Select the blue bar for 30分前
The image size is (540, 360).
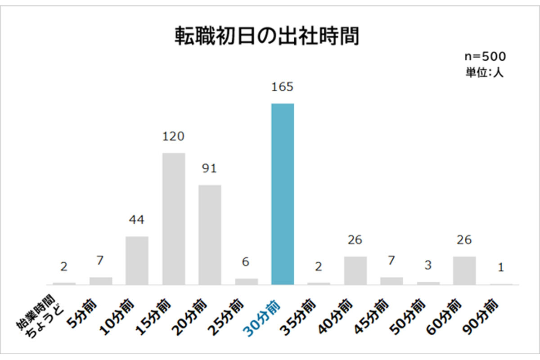pyautogui.click(x=282, y=194)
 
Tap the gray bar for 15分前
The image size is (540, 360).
pyautogui.click(x=173, y=219)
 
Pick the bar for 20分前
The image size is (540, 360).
pyautogui.click(x=210, y=234)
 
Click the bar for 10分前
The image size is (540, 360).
pyautogui.click(x=137, y=260)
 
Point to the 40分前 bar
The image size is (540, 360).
pyautogui.click(x=355, y=270)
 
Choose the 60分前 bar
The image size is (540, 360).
pyautogui.click(x=464, y=270)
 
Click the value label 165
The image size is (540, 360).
pyautogui.click(x=282, y=86)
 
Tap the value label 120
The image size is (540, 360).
pyautogui.click(x=173, y=136)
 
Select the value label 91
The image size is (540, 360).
pyautogui.click(x=210, y=168)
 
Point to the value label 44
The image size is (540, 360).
pyautogui.click(x=137, y=220)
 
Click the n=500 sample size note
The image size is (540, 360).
pyautogui.click(x=485, y=57)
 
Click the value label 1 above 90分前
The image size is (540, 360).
pyautogui.click(x=500, y=267)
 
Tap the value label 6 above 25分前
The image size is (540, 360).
pyautogui.click(x=246, y=262)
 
